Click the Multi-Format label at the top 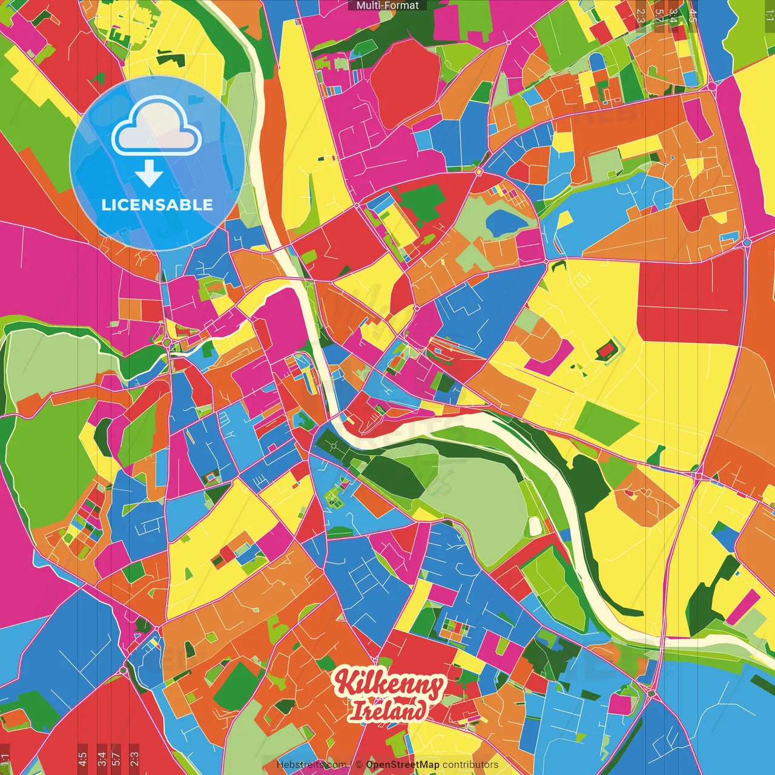tap(387, 5)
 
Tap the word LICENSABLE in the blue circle tap(157, 205)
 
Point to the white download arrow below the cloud tap(149, 173)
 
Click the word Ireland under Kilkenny tap(387, 710)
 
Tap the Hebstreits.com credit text tap(311, 765)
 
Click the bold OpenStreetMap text tap(403, 765)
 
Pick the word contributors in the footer tap(470, 765)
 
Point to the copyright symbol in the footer tap(358, 765)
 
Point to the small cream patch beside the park tap(534, 526)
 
